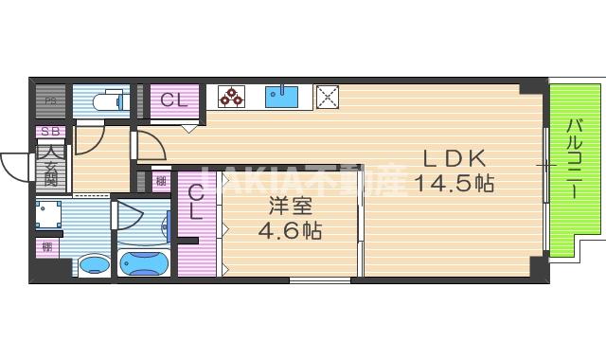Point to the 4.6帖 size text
[x=291, y=229]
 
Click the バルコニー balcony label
[x=575, y=158]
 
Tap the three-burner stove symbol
[x=231, y=96]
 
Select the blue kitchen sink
[x=282, y=96]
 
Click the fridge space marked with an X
[x=327, y=96]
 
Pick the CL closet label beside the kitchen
[x=173, y=99]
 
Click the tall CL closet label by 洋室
[x=195, y=202]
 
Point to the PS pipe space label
[x=51, y=101]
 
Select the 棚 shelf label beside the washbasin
[x=46, y=247]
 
